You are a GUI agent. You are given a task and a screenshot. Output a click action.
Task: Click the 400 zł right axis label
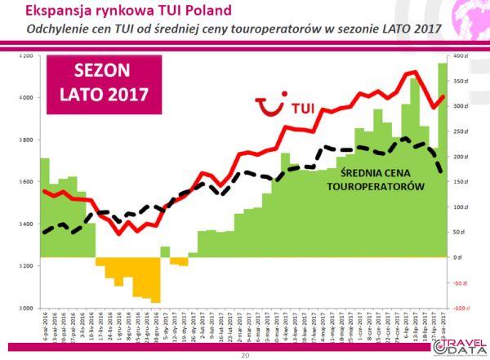click(x=460, y=56)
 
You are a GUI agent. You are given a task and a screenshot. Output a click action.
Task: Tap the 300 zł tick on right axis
click(x=460, y=106)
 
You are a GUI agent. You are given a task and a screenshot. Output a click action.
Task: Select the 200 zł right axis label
click(x=460, y=157)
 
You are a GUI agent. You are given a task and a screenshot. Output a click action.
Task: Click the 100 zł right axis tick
click(x=460, y=207)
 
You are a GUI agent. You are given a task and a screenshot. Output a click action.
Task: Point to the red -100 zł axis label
click(x=460, y=308)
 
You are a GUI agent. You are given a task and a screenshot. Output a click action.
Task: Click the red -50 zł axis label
click(x=460, y=282)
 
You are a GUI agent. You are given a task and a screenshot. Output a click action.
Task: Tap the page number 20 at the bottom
click(x=244, y=355)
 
